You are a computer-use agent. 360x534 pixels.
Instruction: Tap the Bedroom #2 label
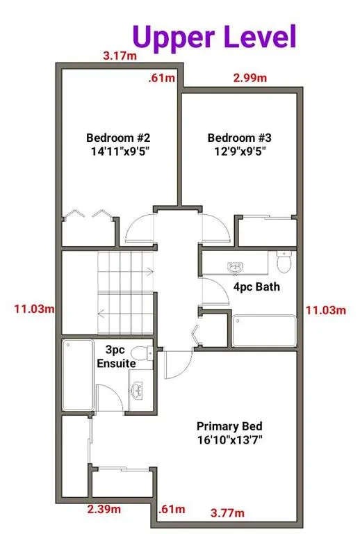coord(114,138)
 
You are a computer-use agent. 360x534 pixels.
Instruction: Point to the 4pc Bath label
coord(256,286)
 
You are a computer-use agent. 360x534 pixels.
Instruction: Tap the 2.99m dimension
coord(249,78)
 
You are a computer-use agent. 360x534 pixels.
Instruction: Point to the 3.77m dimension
coord(228,514)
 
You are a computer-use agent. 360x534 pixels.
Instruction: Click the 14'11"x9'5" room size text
coord(114,151)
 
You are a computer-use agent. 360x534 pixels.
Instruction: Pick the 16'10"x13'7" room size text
coord(231,439)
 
